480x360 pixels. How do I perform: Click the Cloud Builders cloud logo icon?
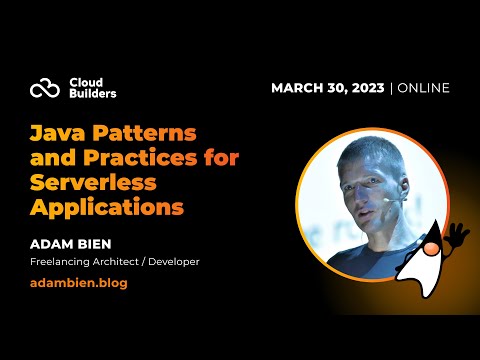pyautogui.click(x=45, y=88)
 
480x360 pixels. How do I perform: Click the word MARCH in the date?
pyautogui.click(x=299, y=88)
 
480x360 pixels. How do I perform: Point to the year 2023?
pyautogui.click(x=366, y=88)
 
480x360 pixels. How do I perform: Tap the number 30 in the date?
pyautogui.click(x=337, y=88)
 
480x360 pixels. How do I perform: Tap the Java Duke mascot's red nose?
pyautogui.click(x=432, y=248)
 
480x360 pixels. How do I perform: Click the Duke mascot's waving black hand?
pyautogui.click(x=457, y=236)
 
